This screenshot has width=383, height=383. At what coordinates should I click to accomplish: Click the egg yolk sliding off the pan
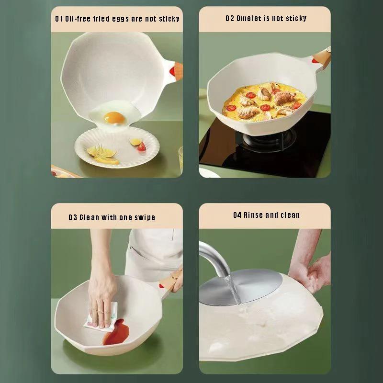pos(114,117)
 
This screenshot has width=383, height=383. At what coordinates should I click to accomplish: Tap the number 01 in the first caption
pos(59,19)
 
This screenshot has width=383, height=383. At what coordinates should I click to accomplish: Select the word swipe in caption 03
pos(144,217)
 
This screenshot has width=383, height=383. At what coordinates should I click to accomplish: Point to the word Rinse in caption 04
pos(253,215)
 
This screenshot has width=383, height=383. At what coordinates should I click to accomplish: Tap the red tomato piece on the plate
pos(141,147)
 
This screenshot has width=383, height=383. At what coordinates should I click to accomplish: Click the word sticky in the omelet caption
pos(296,19)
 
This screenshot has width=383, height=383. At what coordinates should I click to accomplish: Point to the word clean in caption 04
pos(290,215)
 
